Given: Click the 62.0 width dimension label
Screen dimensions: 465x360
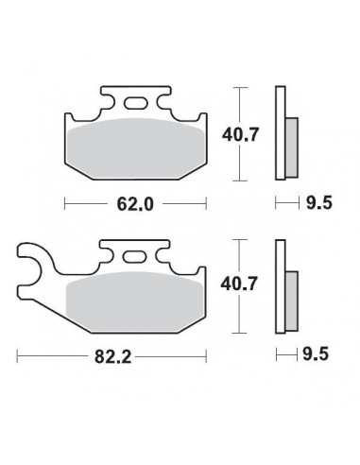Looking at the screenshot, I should pyautogui.click(x=133, y=201).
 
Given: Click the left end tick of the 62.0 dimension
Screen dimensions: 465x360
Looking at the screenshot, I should pyautogui.click(x=63, y=201).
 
